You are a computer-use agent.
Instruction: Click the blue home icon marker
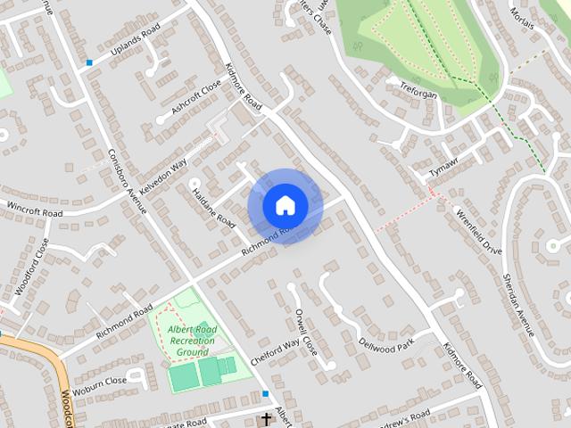(x=285, y=205)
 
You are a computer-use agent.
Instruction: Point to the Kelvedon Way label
(x=162, y=167)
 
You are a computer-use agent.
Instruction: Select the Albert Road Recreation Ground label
(x=192, y=341)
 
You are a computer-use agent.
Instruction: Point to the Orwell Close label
(x=306, y=332)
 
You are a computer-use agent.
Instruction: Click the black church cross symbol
(x=265, y=419)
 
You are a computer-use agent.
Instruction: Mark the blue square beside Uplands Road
(x=89, y=62)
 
